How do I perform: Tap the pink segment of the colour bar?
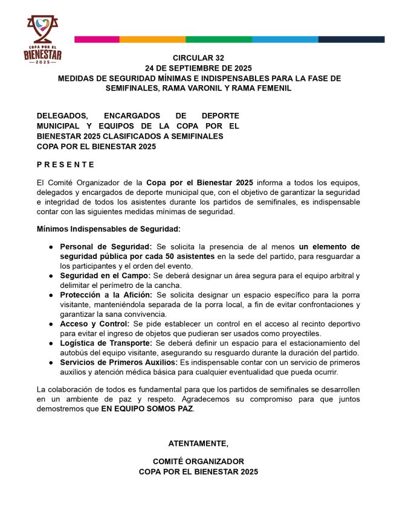97,39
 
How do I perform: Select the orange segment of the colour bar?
152,39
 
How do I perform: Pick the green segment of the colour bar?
219,39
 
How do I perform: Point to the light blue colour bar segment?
285,39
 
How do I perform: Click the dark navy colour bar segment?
352,39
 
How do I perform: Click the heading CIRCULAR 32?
198,57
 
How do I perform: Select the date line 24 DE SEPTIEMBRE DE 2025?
198,68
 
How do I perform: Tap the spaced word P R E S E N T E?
65,164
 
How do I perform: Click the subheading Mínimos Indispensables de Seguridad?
108,229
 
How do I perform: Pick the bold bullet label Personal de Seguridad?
106,247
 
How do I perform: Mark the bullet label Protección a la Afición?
107,295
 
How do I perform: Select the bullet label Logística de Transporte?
107,343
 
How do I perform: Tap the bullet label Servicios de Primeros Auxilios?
118,362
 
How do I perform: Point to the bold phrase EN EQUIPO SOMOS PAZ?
147,409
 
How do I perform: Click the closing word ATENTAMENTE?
198,444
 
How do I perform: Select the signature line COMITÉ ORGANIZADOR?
198,461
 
